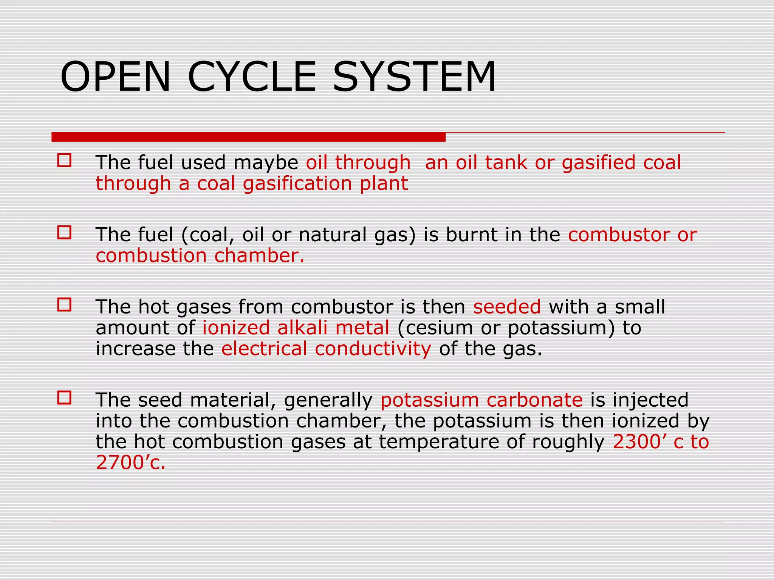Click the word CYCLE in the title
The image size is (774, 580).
(x=252, y=77)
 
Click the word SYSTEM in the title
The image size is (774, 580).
(x=414, y=77)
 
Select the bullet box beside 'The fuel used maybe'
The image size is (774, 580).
(x=64, y=160)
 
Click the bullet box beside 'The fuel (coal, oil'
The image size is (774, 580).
(x=64, y=233)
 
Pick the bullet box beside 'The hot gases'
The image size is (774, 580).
(x=64, y=305)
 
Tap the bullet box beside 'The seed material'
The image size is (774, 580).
(x=64, y=398)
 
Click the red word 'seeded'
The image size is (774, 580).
(x=507, y=307)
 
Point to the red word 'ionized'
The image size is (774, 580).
(x=236, y=327)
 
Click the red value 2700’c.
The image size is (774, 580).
(x=130, y=463)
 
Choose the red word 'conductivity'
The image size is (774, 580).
(x=373, y=349)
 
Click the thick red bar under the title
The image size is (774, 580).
(x=248, y=137)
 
